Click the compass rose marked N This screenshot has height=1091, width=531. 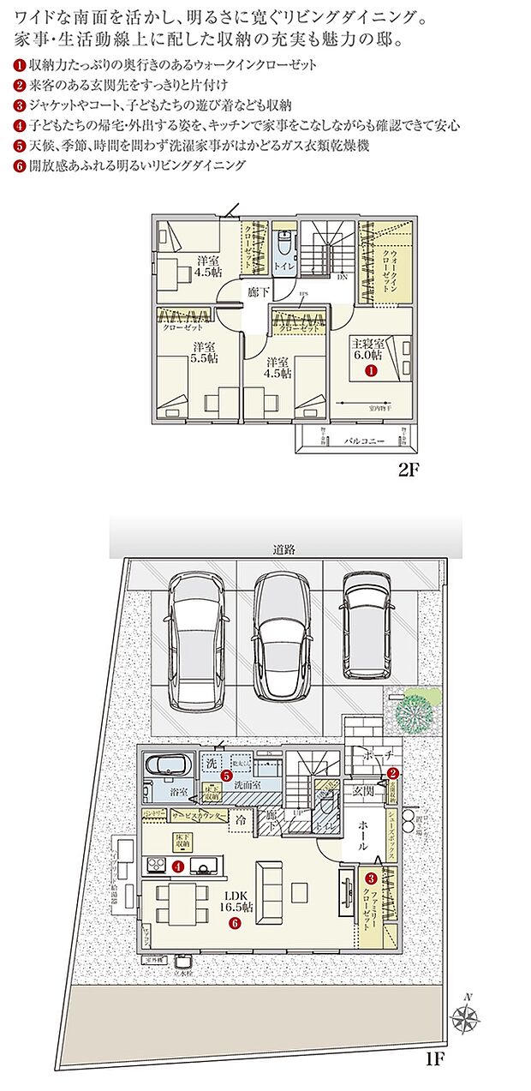coord(464,1017)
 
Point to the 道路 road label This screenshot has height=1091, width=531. coord(284,550)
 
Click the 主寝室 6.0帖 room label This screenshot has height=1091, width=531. coord(372,348)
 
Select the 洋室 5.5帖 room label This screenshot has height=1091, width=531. coord(203,354)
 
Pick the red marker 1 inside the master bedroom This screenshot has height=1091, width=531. coord(372,371)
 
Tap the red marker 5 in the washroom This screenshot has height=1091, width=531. coord(225,776)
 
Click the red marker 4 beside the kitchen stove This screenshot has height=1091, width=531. coord(177,866)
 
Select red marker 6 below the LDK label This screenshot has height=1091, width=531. coord(234,923)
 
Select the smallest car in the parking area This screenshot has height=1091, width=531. coord(365,625)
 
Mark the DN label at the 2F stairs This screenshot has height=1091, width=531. coord(341,277)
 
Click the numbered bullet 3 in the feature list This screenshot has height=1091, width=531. coord(20,106)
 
